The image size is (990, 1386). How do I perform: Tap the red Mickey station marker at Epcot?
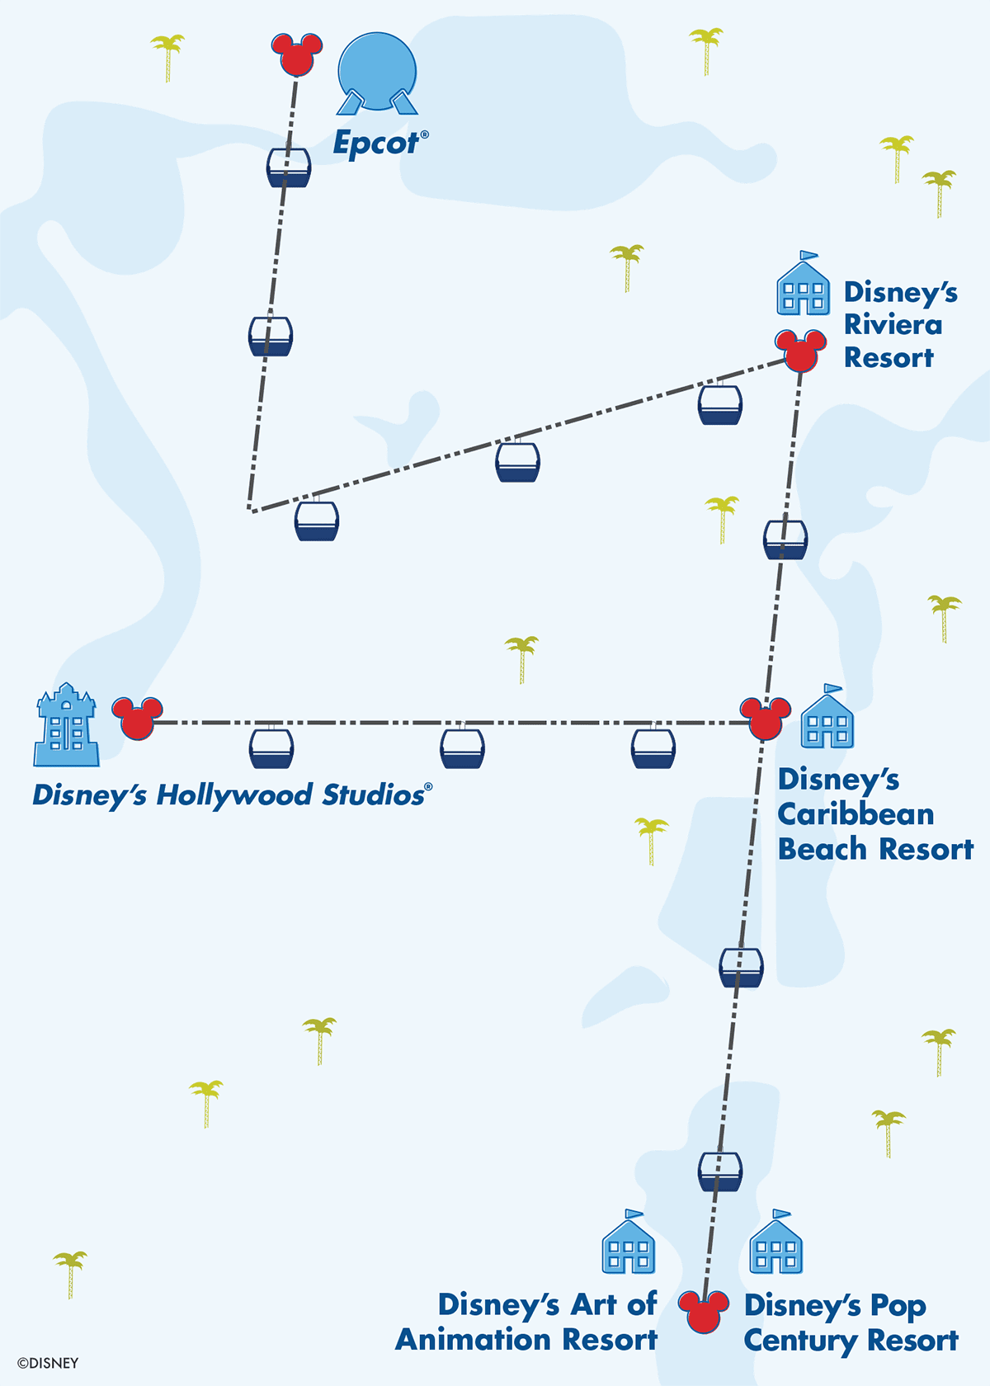pyautogui.click(x=296, y=55)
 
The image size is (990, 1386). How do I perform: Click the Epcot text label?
pyautogui.click(x=376, y=144)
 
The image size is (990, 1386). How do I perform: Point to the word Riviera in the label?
pyautogui.click(x=893, y=325)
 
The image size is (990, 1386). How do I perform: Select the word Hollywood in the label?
pyautogui.click(x=233, y=795)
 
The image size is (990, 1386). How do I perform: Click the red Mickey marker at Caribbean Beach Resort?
pyautogui.click(x=765, y=719)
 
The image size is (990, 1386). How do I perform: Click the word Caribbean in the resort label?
pyautogui.click(x=856, y=814)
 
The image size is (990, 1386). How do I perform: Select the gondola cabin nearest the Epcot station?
pyautogui.click(x=289, y=167)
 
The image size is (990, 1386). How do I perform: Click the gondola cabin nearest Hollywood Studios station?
pyautogui.click(x=271, y=748)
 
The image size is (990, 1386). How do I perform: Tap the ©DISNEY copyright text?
pyautogui.click(x=48, y=1363)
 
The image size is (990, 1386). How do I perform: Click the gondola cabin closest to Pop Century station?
pyautogui.click(x=719, y=1171)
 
